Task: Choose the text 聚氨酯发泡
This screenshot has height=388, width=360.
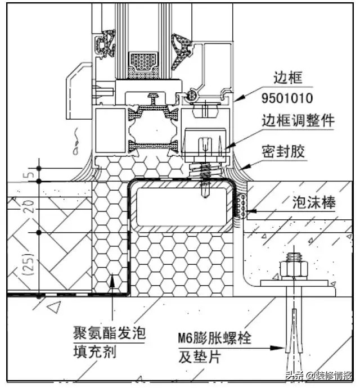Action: point(109,332)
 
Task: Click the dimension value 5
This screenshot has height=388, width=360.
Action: point(32,174)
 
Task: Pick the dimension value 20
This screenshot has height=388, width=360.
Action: point(32,207)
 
